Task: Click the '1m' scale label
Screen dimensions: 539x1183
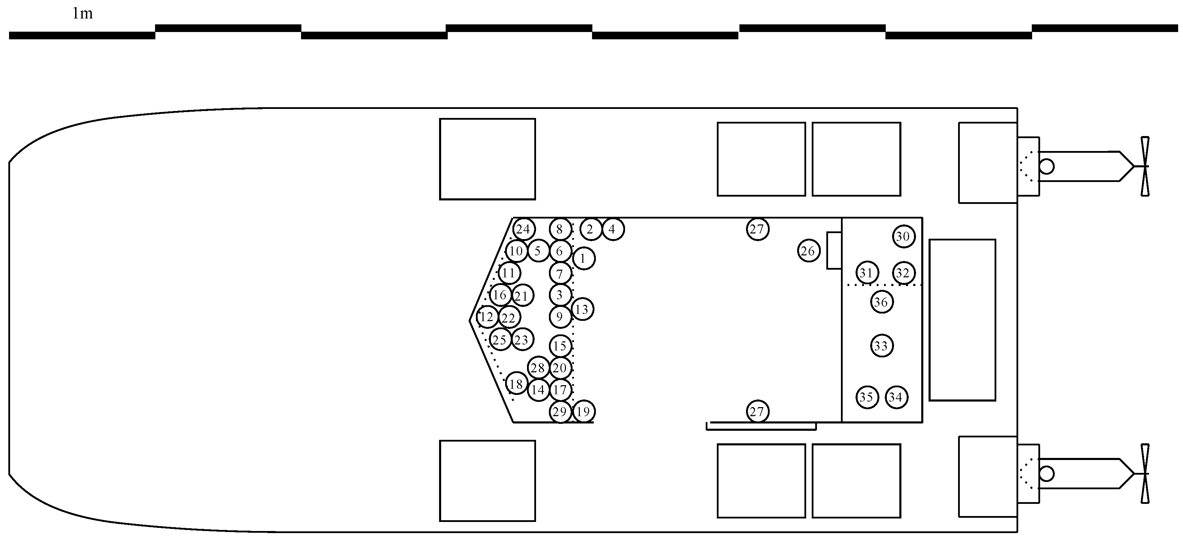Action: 83,14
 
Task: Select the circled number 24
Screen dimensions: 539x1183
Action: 524,229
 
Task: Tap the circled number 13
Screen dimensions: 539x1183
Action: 582,309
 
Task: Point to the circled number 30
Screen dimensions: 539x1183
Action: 903,237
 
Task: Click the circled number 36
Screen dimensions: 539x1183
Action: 881,302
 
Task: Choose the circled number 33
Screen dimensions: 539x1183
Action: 881,346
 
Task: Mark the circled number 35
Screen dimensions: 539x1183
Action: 867,397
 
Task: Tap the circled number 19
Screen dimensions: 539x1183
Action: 583,411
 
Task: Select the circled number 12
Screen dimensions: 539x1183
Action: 487,317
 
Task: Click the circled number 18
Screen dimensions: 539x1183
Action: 516,384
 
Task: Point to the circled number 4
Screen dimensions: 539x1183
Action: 612,229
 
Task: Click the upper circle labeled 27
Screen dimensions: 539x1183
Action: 757,229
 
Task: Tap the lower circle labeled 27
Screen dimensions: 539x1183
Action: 757,411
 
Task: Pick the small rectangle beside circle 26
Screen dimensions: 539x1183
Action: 834,251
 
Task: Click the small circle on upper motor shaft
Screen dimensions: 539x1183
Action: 1047,166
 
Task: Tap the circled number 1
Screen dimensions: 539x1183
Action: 584,258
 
